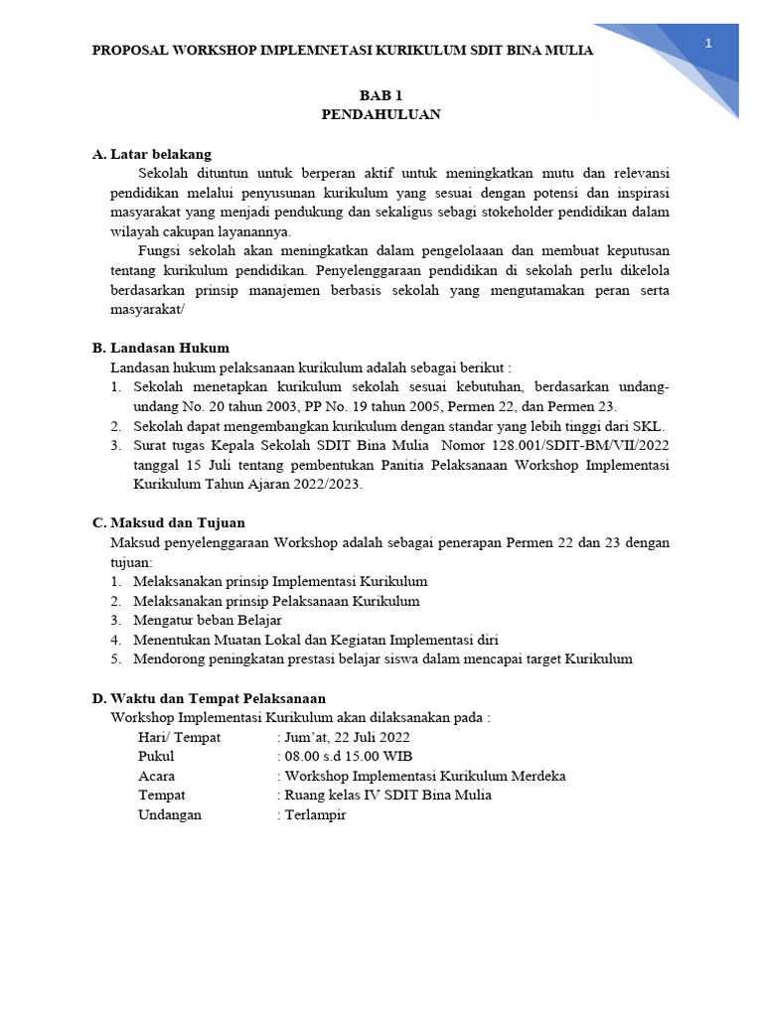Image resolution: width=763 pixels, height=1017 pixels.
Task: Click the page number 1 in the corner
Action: tap(708, 43)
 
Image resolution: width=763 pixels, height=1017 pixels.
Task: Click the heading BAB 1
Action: tap(381, 95)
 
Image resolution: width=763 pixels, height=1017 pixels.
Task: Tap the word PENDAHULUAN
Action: tap(381, 114)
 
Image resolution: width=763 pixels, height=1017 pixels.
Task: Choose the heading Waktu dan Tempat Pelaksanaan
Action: tap(219, 698)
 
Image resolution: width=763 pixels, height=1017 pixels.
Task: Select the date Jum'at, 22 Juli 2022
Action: tap(347, 737)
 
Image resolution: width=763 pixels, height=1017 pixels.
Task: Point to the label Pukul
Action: tap(156, 757)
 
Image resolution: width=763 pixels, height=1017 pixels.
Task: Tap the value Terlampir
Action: tap(315, 814)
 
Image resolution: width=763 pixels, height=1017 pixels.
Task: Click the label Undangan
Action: tap(170, 814)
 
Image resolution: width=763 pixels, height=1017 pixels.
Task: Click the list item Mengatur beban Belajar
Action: tap(208, 620)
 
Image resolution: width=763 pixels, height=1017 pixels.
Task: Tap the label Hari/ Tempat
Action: tap(180, 737)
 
